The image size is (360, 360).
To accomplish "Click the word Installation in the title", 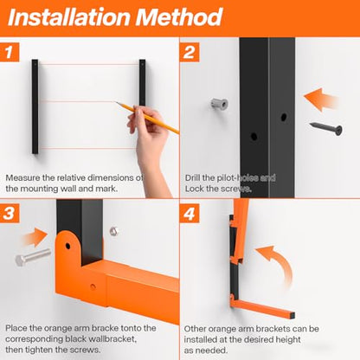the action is pos(69,17).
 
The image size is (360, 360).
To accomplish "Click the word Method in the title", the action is pos(179,17).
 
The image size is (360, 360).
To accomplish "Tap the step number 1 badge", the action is pos(10,52).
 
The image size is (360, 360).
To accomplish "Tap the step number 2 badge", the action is pos(190,52).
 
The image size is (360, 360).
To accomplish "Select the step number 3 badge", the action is pos(10,213).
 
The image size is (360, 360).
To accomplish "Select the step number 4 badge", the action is pos(190,214).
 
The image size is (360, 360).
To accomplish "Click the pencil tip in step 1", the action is pos(117,102).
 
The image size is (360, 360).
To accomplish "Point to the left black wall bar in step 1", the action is pos(35,106).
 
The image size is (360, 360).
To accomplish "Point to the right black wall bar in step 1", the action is pos(142,82).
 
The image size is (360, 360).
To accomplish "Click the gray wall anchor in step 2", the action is pos(220,103).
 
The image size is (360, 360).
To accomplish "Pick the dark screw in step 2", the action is pos(326,128).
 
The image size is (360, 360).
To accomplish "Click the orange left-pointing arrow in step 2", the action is pos(321,100).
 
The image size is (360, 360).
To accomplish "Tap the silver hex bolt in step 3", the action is pos(33,256).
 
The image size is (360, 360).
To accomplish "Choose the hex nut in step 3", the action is pos(114,231).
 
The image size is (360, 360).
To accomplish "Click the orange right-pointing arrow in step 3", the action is pos(35,237).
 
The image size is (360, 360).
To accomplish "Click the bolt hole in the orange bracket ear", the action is pos(67,246).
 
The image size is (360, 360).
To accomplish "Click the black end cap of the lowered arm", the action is pos(292,315).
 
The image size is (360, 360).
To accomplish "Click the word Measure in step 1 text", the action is pos(23,177).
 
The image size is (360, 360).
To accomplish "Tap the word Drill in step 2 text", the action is pos(192,177).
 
